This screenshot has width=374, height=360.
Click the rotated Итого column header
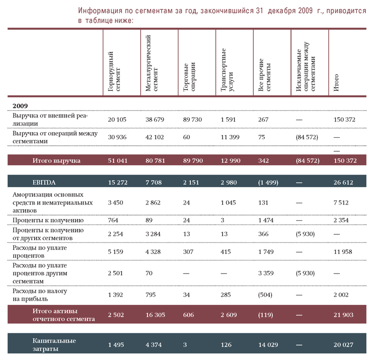tap(336, 82)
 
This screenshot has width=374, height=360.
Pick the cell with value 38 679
tap(155, 120)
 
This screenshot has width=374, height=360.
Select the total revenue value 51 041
tap(117, 161)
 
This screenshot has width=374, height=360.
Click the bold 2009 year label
tap(20, 106)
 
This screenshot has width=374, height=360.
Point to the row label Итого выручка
tap(56, 161)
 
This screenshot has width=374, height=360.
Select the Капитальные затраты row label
tap(54, 344)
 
